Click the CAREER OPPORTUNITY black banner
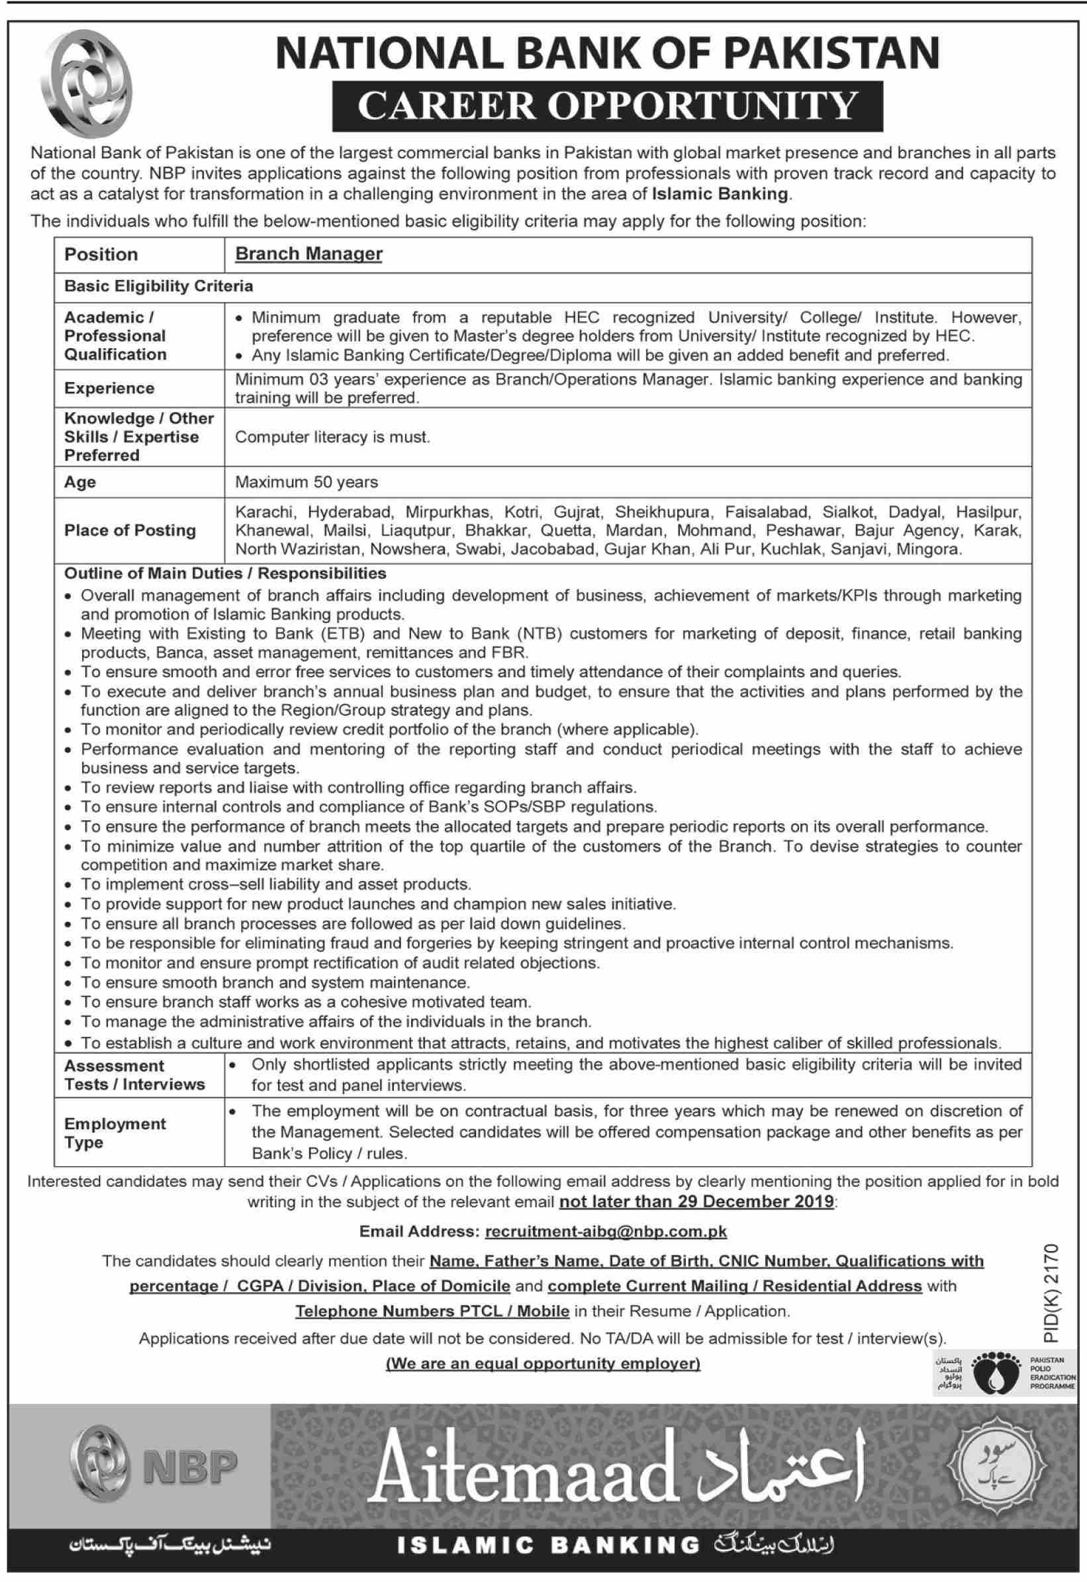607,106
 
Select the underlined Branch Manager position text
308,254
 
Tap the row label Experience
109,388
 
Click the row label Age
79,482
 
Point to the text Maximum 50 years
306,482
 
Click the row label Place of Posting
129,530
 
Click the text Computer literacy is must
332,438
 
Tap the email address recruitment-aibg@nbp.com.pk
606,1231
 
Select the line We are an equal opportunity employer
543,1364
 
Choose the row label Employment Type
115,1133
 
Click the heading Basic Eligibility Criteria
158,286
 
